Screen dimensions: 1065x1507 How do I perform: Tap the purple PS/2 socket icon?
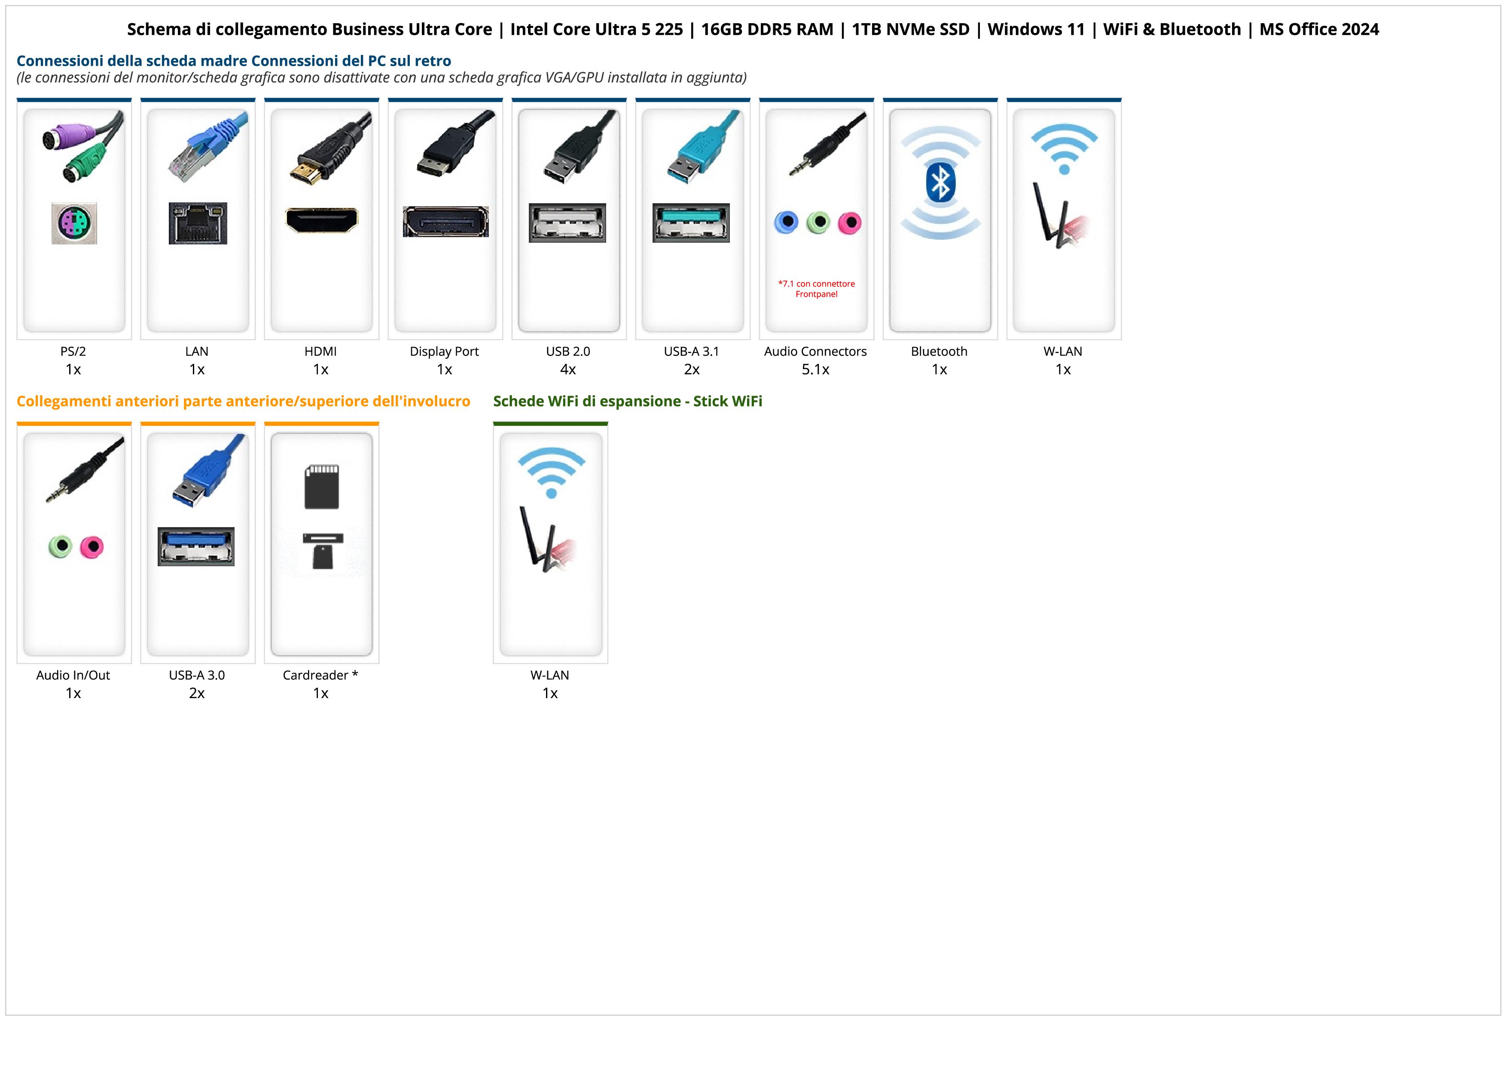click(74, 224)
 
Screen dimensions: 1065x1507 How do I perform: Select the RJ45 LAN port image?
click(198, 223)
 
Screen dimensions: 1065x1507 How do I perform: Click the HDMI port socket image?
click(322, 220)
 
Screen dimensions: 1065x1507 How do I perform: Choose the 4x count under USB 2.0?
click(568, 369)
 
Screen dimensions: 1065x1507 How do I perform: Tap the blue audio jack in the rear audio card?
click(786, 223)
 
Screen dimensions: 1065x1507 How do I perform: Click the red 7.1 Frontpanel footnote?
click(817, 289)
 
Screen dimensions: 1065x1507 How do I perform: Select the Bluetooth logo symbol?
click(940, 183)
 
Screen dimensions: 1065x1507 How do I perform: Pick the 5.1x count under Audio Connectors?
click(815, 369)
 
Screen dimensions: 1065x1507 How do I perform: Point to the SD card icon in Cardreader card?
click(322, 487)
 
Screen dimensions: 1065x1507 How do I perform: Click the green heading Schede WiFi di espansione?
click(628, 401)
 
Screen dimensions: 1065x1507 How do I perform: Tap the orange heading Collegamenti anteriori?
click(243, 401)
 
